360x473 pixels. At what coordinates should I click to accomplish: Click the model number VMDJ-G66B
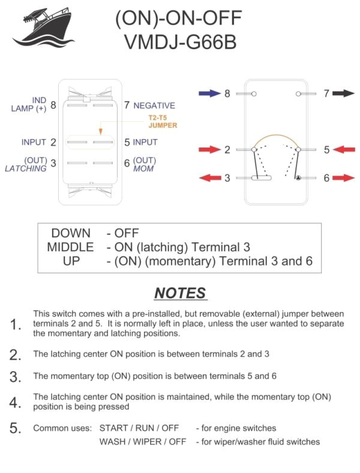[x=178, y=43]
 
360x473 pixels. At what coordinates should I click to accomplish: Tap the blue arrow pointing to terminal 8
[x=209, y=94]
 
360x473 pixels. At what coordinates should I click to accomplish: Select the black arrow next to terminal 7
[x=344, y=94]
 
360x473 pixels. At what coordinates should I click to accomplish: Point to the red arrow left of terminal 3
[x=209, y=178]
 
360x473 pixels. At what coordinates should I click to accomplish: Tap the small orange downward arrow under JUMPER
[x=100, y=131]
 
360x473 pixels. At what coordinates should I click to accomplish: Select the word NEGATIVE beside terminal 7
[x=154, y=106]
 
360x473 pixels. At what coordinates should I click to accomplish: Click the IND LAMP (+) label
[x=30, y=105]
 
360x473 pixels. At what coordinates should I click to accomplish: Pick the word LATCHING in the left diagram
[x=26, y=169]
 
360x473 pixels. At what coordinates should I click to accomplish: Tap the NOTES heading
[x=180, y=293]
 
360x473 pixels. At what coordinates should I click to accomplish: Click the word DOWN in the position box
[x=71, y=233]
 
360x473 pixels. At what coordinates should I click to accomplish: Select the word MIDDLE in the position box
[x=70, y=247]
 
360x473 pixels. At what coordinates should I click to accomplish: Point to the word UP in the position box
[x=71, y=261]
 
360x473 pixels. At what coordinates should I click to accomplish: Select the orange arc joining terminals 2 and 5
[x=277, y=135]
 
